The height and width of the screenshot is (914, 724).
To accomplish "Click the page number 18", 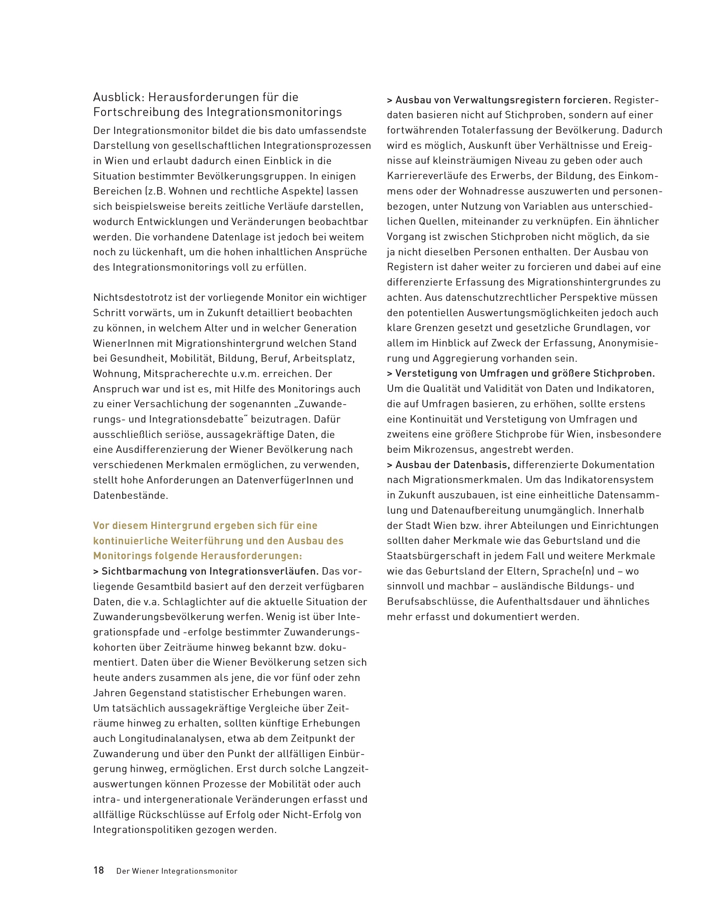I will [98, 870].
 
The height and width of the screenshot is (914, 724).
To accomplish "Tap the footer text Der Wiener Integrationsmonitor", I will [177, 871].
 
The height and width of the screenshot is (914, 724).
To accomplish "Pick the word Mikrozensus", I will [448, 449].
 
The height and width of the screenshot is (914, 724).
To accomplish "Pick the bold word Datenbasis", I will [481, 465].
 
